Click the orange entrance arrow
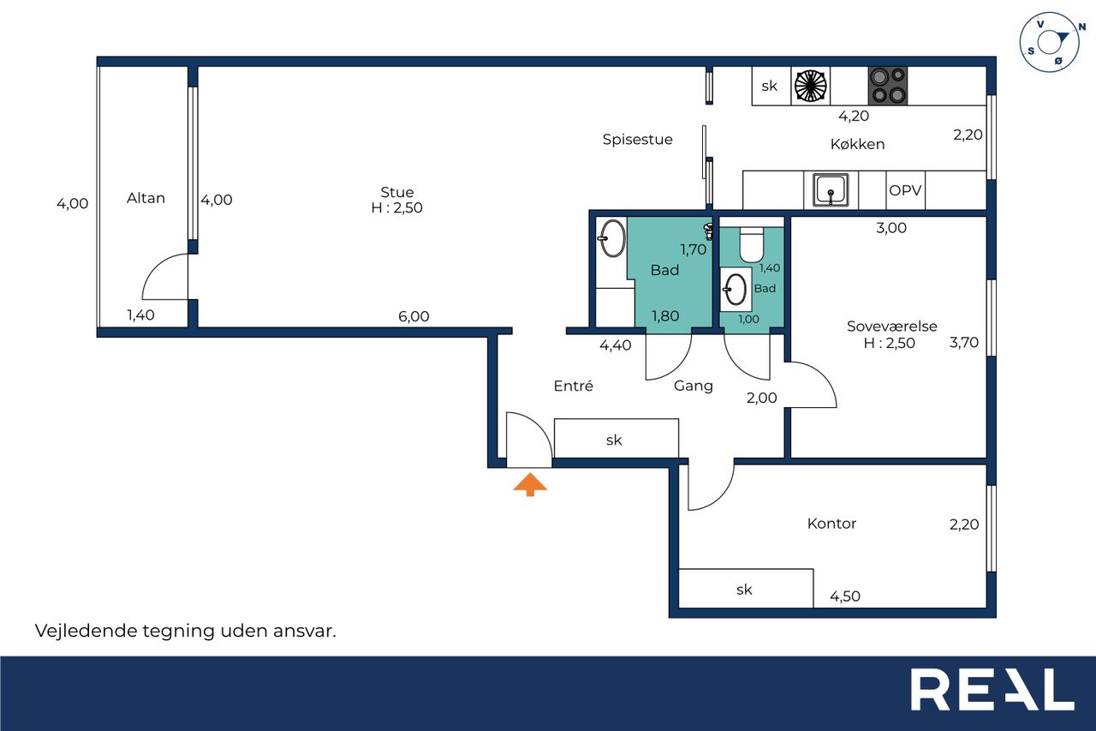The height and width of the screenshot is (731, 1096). pos(530,484)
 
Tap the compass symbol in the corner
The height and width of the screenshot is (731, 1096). pos(1051,42)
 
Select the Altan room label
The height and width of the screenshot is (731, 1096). pos(146,198)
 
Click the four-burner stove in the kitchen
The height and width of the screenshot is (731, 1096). pos(888,87)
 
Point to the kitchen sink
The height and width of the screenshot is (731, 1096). pos(831,190)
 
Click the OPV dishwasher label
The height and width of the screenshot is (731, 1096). pos(905,190)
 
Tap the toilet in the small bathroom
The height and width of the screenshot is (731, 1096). pos(751,244)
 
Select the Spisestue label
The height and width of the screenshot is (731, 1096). pos(638,140)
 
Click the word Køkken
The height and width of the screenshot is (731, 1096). pos(857,144)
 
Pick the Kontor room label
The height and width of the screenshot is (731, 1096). pos(831,524)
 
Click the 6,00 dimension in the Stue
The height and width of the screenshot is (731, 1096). pos(414,316)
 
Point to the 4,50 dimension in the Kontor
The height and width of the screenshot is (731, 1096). pos(845,596)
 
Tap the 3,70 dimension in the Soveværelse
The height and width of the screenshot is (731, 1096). pos(964,342)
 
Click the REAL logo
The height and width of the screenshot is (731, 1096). pos(992,689)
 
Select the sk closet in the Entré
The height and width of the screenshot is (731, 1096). pos(616,439)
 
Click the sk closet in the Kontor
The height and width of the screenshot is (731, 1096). pos(746,589)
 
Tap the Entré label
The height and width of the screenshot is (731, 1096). pos(574,386)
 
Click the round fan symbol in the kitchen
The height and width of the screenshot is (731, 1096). pos(810,87)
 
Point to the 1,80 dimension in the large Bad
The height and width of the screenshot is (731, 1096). pos(665,316)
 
